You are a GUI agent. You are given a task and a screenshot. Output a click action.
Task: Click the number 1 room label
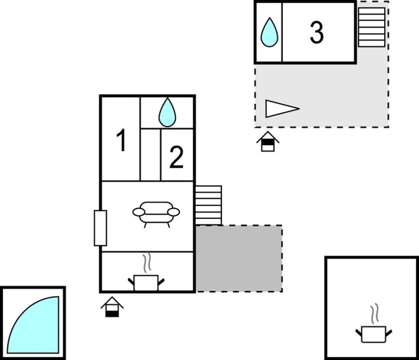(x=121, y=140)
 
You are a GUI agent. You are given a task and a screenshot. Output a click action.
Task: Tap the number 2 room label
(x=176, y=157)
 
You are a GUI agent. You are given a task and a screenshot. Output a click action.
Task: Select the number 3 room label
(x=317, y=32)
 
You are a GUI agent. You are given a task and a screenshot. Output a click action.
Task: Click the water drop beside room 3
(x=269, y=32)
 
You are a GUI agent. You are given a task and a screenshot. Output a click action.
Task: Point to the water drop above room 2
(x=167, y=112)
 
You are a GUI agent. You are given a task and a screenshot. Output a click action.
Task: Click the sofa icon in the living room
(x=156, y=214)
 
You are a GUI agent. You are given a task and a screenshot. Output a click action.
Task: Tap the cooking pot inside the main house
(x=146, y=283)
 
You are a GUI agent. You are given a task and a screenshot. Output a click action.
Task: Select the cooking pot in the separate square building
(x=373, y=334)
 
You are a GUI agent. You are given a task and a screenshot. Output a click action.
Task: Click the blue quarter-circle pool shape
(x=33, y=325)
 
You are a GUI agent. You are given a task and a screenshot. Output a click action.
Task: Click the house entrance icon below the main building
(x=112, y=307)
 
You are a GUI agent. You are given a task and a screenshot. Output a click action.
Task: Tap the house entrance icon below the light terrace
(x=268, y=142)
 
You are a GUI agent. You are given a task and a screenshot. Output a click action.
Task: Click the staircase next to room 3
(x=372, y=27)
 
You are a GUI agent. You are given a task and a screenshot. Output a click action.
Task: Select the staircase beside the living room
(x=208, y=205)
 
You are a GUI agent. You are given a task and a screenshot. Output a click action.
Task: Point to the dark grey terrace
(x=239, y=259)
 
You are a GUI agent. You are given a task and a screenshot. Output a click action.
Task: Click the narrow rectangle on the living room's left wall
(x=100, y=228)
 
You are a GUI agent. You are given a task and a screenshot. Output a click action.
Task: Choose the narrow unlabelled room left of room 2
(x=151, y=155)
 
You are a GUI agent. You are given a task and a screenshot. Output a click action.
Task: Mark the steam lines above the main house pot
(x=146, y=263)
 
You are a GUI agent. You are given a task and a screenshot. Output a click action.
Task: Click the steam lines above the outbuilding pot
(x=375, y=314)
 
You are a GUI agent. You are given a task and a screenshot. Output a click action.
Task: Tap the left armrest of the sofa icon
(x=139, y=212)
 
